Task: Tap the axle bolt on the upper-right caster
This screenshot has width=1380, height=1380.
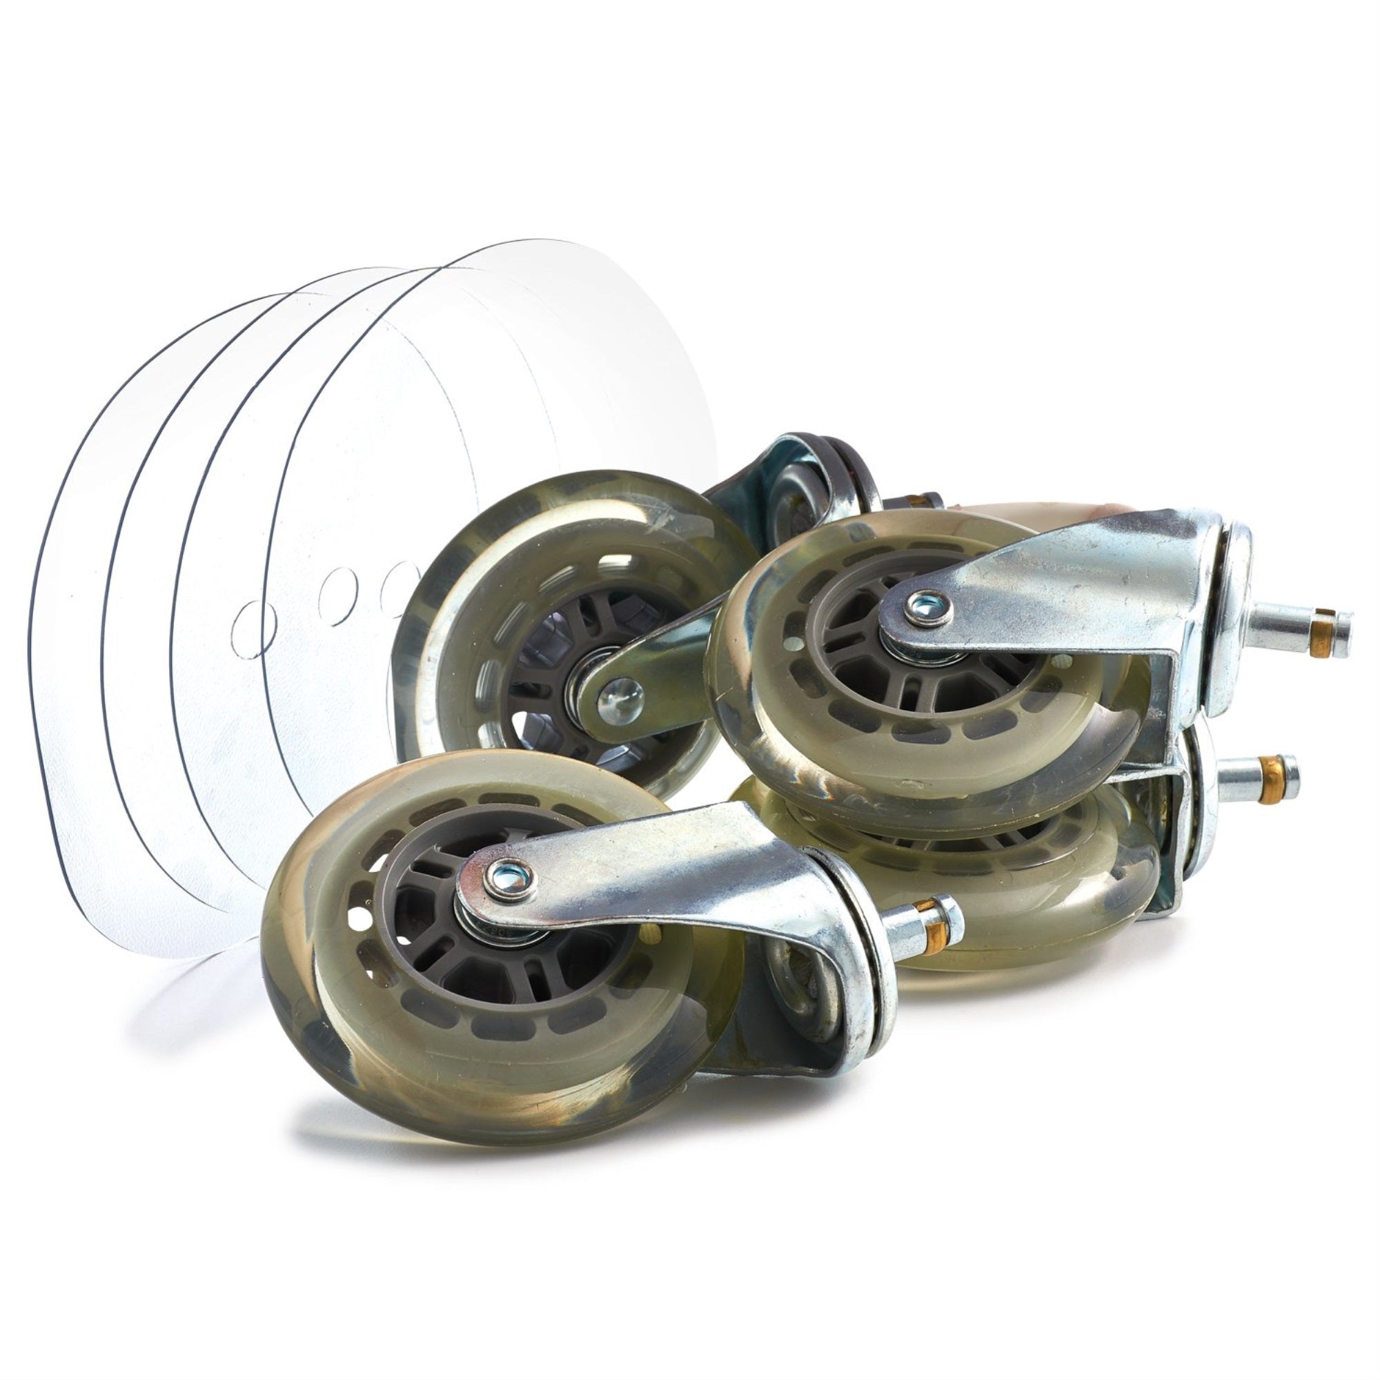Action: [928, 609]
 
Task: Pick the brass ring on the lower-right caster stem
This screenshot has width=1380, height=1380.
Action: [1270, 770]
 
